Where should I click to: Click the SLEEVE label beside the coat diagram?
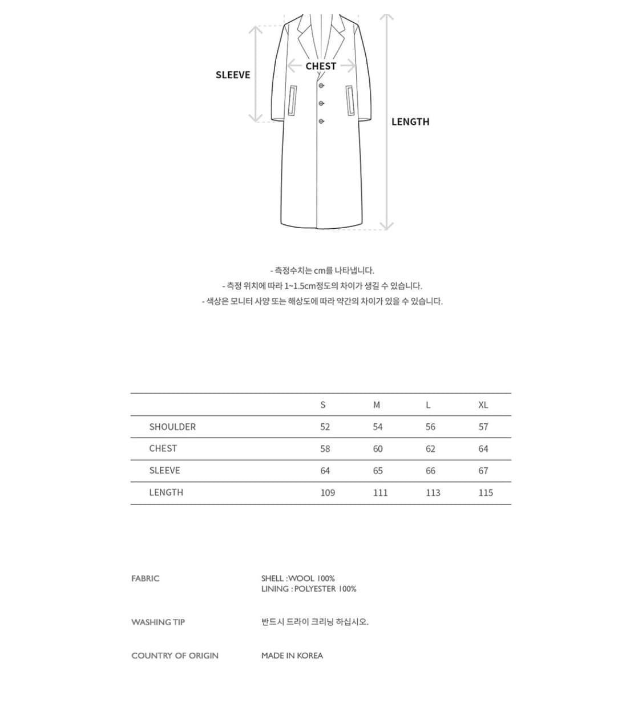(233, 75)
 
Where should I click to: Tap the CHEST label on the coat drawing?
(321, 66)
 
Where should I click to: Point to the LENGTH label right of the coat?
(410, 122)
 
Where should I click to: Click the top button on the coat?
(321, 86)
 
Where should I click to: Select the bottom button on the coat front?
(321, 122)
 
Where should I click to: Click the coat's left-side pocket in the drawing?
(293, 101)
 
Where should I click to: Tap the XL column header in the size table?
(483, 405)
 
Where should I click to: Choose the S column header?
(323, 405)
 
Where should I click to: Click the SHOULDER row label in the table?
(172, 427)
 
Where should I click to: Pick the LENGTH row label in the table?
(166, 492)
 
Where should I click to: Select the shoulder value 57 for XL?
(483, 427)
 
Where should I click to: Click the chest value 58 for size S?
(325, 449)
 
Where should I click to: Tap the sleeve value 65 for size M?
(378, 471)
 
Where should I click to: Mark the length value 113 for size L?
(433, 493)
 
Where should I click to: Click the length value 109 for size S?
(328, 493)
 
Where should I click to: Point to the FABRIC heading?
(146, 578)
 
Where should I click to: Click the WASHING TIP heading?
(158, 622)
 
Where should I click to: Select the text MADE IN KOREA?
(292, 656)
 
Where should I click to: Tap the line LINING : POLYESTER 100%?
(309, 589)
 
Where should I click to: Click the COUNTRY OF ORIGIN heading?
(175, 656)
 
